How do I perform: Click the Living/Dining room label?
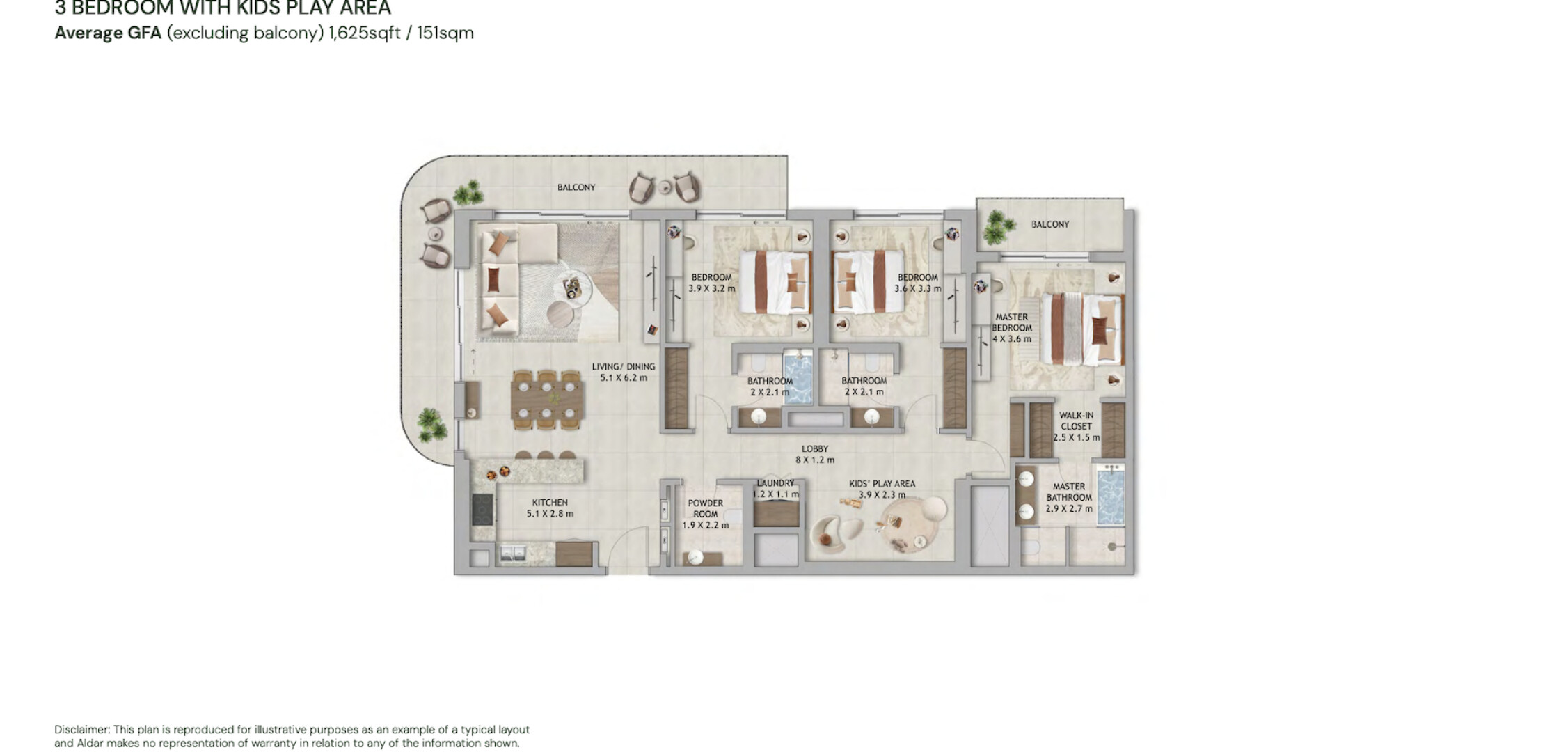click(x=624, y=372)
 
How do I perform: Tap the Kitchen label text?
click(x=550, y=508)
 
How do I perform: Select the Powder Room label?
click(x=706, y=514)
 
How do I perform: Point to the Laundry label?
click(x=775, y=488)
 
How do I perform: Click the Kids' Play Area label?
click(x=882, y=489)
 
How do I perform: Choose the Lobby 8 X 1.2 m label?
click(x=815, y=454)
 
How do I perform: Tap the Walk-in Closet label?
click(x=1076, y=426)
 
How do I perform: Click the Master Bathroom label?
click(x=1069, y=497)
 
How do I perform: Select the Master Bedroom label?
click(x=1012, y=327)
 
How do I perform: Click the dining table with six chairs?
click(x=546, y=399)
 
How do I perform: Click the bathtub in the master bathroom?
click(x=1110, y=496)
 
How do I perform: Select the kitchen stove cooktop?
click(x=482, y=509)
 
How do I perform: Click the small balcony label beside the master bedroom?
click(x=1049, y=224)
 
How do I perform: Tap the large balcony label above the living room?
click(x=576, y=187)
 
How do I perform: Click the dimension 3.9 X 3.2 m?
click(x=711, y=288)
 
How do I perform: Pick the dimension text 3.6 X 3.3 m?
click(x=917, y=288)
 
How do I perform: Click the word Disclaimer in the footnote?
click(x=81, y=730)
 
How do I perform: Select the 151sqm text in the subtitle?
click(x=445, y=33)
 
